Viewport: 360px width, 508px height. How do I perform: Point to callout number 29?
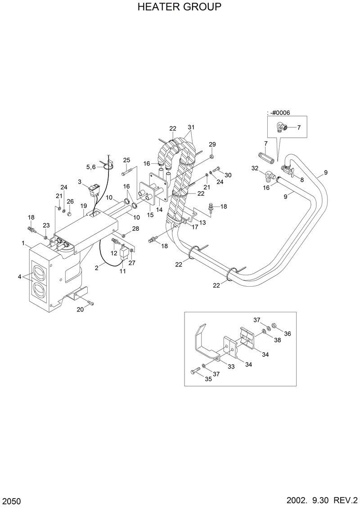212,144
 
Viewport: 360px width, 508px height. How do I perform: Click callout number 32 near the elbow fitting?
255,168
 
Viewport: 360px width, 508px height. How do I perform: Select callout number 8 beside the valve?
301,180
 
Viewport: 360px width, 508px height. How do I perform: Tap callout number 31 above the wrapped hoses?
191,126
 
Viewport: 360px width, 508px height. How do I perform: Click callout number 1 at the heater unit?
22,243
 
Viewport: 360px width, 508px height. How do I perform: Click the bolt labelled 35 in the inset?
195,372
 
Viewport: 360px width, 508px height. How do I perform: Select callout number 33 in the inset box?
231,367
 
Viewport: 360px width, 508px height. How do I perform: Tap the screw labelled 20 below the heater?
91,304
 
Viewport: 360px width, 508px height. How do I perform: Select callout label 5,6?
91,167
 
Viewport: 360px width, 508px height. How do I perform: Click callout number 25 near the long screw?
126,160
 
